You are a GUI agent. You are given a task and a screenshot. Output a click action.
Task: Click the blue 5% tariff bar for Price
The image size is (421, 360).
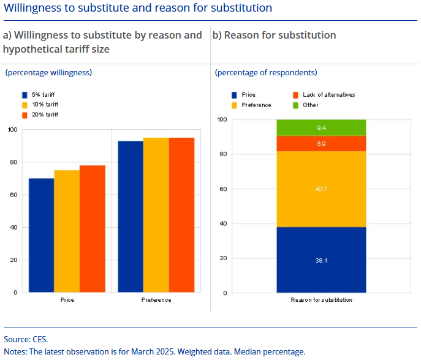point(41,235)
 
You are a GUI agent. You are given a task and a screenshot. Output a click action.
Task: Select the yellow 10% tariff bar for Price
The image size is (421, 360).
point(67,231)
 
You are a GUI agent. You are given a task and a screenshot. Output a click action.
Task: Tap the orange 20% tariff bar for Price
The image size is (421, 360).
point(93,228)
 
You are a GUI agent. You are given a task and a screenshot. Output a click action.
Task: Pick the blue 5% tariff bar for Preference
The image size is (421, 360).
point(131,216)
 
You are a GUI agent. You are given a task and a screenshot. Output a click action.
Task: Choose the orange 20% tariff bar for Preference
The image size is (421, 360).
point(181,215)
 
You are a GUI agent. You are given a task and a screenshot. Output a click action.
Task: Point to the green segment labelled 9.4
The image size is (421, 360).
point(321,127)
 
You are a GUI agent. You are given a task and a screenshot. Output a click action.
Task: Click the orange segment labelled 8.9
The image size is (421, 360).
point(321,143)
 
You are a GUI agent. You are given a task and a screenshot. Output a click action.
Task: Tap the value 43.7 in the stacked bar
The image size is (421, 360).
point(321,189)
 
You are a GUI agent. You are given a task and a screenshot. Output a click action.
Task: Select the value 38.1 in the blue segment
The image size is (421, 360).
point(321,260)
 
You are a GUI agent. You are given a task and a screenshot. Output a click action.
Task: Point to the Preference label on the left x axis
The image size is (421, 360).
point(156,300)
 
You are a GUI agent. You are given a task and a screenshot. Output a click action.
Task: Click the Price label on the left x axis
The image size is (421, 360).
point(67,300)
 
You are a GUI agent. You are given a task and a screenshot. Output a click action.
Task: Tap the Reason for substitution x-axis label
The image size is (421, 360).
point(321,300)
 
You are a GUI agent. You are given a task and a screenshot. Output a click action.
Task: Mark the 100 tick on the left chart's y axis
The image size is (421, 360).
point(12,130)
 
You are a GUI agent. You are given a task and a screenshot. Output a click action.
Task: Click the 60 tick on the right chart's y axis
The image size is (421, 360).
point(222,189)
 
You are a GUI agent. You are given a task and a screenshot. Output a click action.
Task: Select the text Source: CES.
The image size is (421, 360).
point(26,339)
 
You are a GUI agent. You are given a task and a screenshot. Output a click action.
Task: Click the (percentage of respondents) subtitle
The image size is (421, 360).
point(266,73)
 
